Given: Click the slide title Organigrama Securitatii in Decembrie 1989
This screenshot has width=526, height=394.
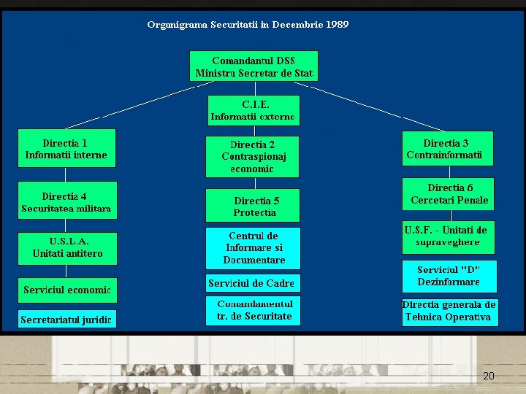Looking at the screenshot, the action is pyautogui.click(x=248, y=25).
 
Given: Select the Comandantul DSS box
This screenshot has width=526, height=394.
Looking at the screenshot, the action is pyautogui.click(x=254, y=66).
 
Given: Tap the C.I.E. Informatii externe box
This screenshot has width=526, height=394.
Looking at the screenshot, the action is pyautogui.click(x=254, y=110).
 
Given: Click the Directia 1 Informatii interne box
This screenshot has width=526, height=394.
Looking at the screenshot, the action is pyautogui.click(x=66, y=149).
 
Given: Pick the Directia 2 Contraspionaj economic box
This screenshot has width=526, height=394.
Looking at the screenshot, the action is pyautogui.click(x=252, y=156).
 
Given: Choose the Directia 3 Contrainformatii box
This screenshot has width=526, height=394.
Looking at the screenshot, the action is pyautogui.click(x=448, y=149).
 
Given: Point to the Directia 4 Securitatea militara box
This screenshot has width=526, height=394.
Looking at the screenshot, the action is pyautogui.click(x=66, y=202).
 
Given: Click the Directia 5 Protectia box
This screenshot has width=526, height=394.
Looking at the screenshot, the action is pyautogui.click(x=252, y=206).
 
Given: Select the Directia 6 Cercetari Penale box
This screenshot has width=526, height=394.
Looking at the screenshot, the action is pyautogui.click(x=448, y=194).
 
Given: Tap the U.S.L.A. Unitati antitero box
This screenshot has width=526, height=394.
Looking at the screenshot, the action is pyautogui.click(x=66, y=247).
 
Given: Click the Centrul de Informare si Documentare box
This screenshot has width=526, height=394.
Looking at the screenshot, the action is pyautogui.click(x=253, y=248).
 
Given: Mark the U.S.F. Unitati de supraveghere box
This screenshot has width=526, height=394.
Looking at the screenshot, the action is pyautogui.click(x=448, y=236).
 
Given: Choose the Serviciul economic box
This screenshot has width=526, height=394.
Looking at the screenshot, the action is pyautogui.click(x=66, y=290).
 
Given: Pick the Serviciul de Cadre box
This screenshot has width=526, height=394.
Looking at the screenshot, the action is pyautogui.click(x=251, y=283).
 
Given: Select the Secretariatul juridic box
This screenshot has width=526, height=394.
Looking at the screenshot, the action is pyautogui.click(x=66, y=320).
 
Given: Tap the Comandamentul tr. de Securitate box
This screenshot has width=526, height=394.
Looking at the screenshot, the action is pyautogui.click(x=253, y=310).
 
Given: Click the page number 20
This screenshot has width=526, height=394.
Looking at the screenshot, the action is pyautogui.click(x=489, y=376).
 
